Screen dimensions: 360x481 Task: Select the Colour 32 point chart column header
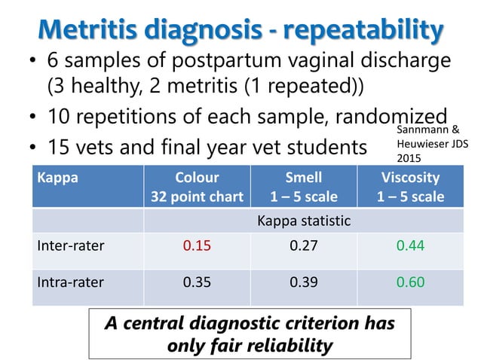point(197,187)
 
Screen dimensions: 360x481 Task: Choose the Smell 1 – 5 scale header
point(303,187)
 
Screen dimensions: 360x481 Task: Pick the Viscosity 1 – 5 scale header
point(410,187)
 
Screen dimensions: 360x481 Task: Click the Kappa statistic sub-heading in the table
point(303,221)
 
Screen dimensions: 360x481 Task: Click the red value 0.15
point(197,246)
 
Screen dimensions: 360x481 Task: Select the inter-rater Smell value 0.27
point(303,246)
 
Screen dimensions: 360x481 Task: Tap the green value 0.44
point(410,246)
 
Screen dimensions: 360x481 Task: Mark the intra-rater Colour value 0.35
point(197,282)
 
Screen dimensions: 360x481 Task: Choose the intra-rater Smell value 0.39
point(303,282)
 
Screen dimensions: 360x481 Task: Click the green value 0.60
point(410,282)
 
